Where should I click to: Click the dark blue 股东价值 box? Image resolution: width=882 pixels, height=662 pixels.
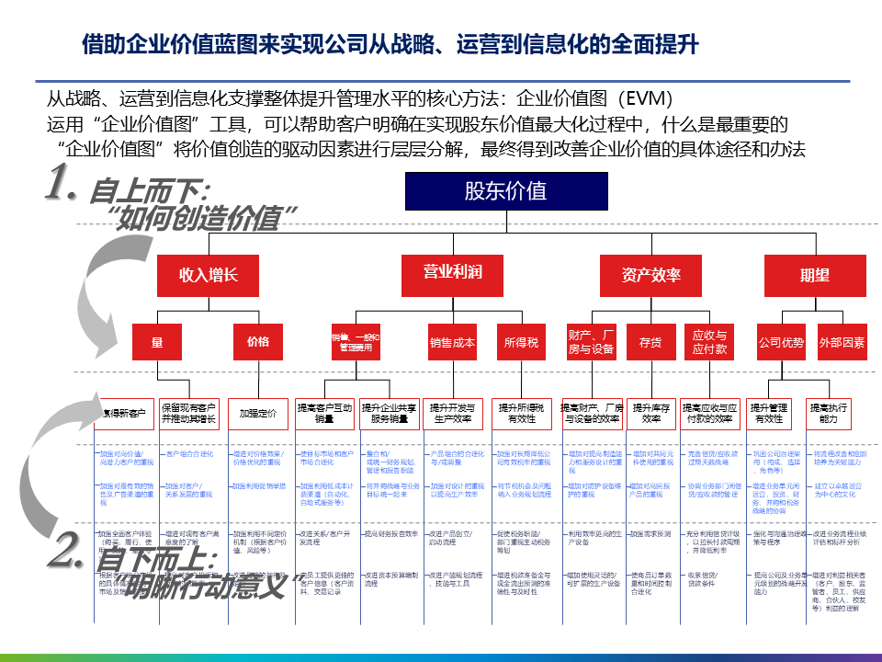click(505, 192)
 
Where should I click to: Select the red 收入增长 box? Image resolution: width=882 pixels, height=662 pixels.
click(209, 274)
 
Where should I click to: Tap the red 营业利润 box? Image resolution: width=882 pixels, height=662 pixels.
click(452, 273)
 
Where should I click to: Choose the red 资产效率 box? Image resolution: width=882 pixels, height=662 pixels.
click(651, 275)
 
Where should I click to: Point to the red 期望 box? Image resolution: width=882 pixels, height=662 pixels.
click(814, 275)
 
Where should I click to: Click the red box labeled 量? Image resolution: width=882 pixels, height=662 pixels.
click(158, 343)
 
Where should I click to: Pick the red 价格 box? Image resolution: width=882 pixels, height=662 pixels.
click(258, 343)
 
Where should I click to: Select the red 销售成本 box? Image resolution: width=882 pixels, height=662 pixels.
click(452, 343)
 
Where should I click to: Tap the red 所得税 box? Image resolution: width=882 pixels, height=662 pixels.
click(522, 343)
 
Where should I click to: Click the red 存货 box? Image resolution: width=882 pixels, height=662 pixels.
click(650, 343)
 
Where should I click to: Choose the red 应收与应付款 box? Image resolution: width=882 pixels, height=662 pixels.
click(709, 343)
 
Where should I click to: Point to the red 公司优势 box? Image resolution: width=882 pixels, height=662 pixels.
click(781, 343)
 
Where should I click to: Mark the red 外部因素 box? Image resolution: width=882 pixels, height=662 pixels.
click(842, 343)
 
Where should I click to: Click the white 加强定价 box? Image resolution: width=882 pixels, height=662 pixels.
click(258, 414)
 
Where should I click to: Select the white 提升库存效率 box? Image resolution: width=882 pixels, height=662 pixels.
click(651, 413)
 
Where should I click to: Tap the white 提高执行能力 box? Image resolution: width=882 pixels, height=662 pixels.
click(830, 413)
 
